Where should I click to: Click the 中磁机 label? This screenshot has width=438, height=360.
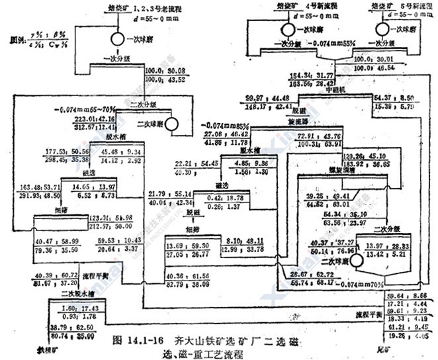pos(314,90)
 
